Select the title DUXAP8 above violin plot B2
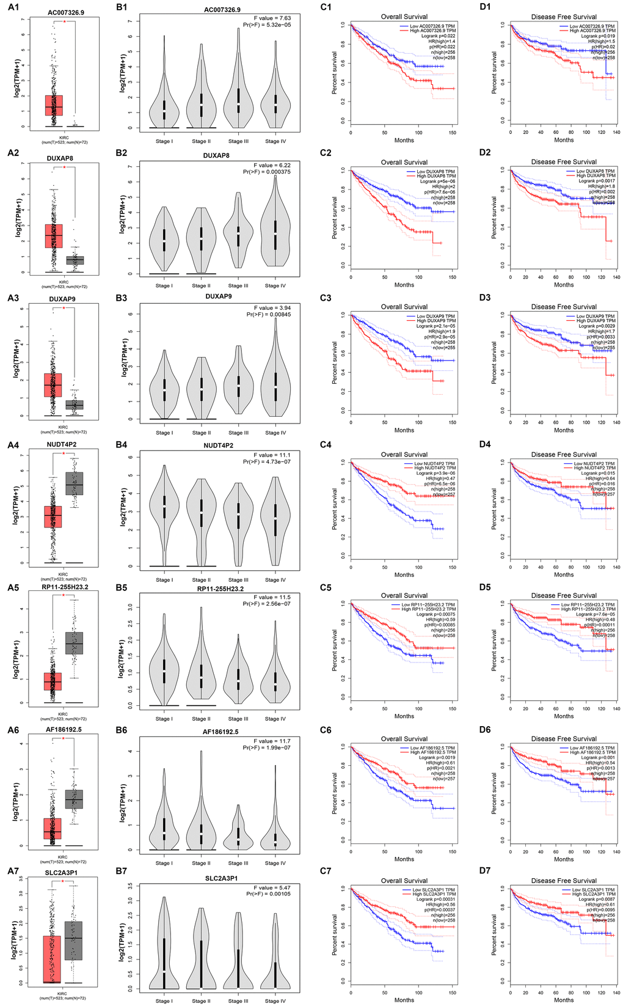pos(216,156)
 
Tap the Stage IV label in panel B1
pos(275,141)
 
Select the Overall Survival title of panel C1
pos(404,17)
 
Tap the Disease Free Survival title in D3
pos(563,307)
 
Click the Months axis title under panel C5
pos(404,716)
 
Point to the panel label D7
pos(485,870)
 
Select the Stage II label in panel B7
pos(200,1001)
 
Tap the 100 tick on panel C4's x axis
pos(418,567)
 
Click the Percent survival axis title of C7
pos(334,934)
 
